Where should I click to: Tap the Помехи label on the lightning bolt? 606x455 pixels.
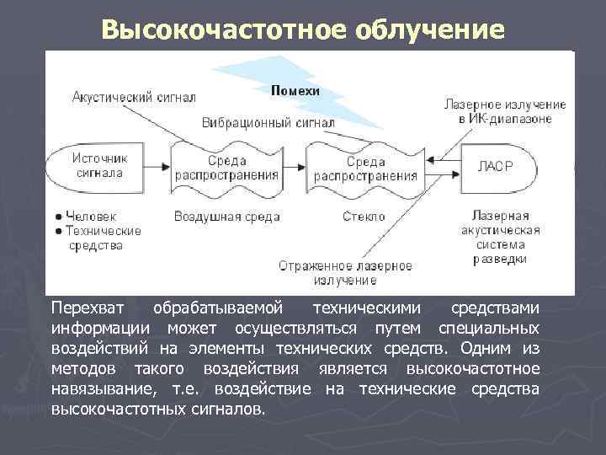point(295,90)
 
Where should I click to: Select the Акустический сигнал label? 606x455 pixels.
point(134,97)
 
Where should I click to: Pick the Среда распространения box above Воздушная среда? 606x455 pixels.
point(226,168)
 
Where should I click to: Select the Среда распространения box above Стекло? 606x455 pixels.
point(365,168)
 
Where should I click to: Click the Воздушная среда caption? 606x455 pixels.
point(226,217)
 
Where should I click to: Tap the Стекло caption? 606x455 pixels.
point(364,217)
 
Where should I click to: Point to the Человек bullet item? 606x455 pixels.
point(92,216)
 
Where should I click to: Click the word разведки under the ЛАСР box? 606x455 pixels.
point(500,259)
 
